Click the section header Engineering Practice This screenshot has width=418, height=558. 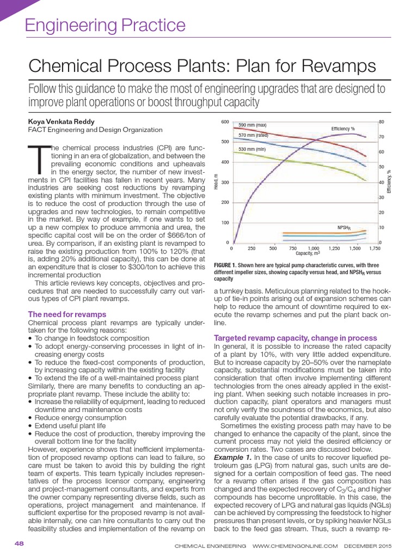pos(106,25)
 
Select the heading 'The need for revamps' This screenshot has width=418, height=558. pos(67,314)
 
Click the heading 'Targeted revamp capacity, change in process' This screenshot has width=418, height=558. pos(295,337)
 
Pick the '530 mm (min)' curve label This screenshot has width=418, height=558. pos(253,149)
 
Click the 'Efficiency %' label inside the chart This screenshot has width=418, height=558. pos(343,129)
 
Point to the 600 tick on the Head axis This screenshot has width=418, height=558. pos(225,122)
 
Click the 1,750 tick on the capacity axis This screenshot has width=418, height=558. pos(374,248)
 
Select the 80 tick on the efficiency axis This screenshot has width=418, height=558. pos(382,122)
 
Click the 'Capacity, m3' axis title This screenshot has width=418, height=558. pos(308,253)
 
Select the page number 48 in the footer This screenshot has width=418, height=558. pos(19,544)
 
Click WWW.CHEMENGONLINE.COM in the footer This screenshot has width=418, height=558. pos(295,545)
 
